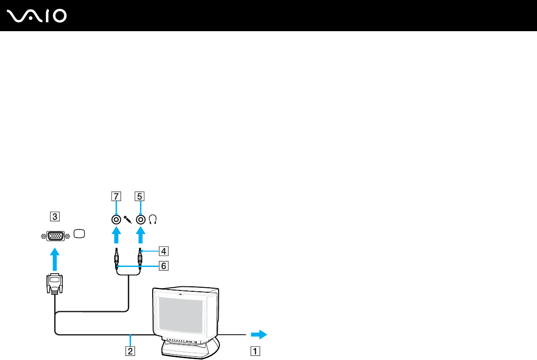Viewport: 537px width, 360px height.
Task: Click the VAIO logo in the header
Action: [x=37, y=16]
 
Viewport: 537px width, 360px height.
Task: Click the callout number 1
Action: [x=255, y=351]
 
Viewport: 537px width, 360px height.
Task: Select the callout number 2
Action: [x=130, y=351]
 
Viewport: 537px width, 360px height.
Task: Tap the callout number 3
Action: [x=55, y=216]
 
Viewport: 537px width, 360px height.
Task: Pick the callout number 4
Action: [x=163, y=251]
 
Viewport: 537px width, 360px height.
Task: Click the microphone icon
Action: [x=128, y=220]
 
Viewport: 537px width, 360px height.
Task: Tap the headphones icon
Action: [x=153, y=220]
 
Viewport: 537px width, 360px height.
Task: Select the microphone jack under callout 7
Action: [x=117, y=220]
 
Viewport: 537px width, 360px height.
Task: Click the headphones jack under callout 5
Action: [x=141, y=220]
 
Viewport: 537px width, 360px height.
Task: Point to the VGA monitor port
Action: [x=56, y=236]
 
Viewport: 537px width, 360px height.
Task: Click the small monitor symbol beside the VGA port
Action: [x=79, y=234]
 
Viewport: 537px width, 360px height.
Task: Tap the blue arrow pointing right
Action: [x=259, y=334]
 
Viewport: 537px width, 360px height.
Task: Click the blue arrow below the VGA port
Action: [x=55, y=259]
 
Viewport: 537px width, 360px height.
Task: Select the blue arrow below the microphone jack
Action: [x=117, y=236]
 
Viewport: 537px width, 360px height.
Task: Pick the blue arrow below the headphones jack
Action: [x=140, y=236]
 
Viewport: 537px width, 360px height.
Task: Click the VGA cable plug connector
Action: [x=55, y=284]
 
